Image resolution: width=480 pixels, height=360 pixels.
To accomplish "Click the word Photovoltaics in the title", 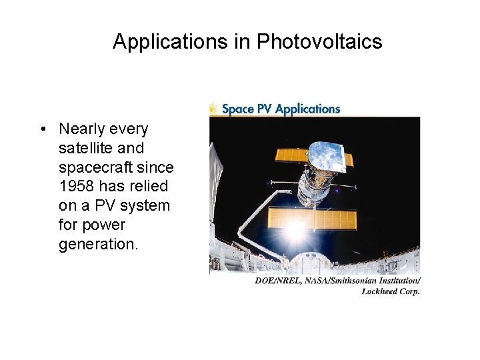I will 319,42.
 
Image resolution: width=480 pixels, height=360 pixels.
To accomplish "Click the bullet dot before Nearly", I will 42,129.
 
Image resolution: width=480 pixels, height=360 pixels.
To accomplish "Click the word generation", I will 98,244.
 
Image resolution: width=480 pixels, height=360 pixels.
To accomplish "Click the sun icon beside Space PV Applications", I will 213,109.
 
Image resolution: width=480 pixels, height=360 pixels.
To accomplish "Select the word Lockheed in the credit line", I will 378,291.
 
